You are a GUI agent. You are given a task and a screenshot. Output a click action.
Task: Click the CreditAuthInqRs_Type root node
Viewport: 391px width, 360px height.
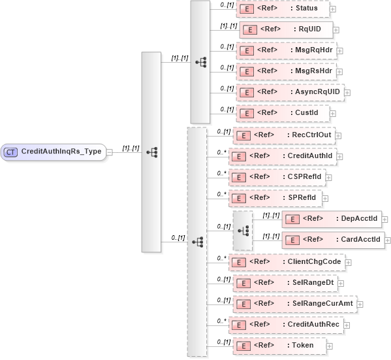(55, 152)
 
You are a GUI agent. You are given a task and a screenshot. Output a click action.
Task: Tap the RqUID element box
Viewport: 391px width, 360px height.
(287, 29)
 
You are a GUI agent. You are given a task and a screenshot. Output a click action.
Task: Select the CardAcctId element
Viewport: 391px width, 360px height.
(333, 238)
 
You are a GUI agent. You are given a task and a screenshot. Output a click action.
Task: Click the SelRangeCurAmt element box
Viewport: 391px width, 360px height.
(294, 303)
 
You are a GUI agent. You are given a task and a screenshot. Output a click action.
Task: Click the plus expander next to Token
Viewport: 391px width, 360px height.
(330, 345)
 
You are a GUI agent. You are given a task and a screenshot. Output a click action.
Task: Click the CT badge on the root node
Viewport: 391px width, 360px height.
(11, 152)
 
